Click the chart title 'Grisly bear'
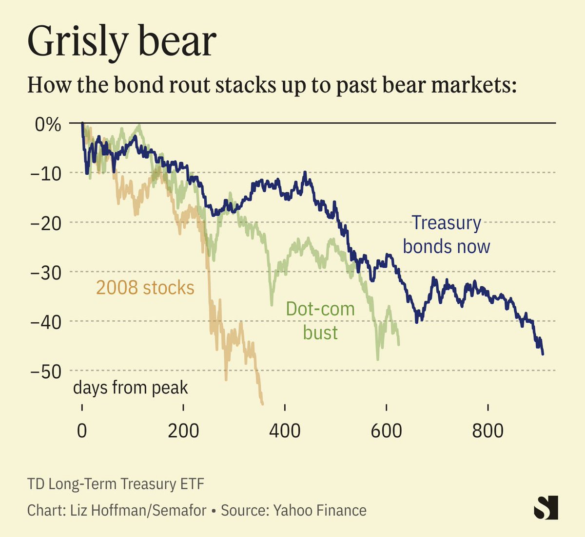click(x=122, y=41)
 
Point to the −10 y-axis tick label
click(x=46, y=173)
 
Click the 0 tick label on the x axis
click(x=82, y=430)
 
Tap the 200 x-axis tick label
click(x=183, y=430)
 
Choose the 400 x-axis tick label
click(x=285, y=430)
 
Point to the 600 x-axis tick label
click(x=386, y=430)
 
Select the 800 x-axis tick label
click(x=487, y=430)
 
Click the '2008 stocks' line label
click(x=145, y=288)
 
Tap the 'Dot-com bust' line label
click(x=320, y=321)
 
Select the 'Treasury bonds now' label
click(x=446, y=235)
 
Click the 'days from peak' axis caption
click(x=130, y=388)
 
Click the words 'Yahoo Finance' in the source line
click(x=319, y=510)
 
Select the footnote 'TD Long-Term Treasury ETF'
click(x=116, y=484)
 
